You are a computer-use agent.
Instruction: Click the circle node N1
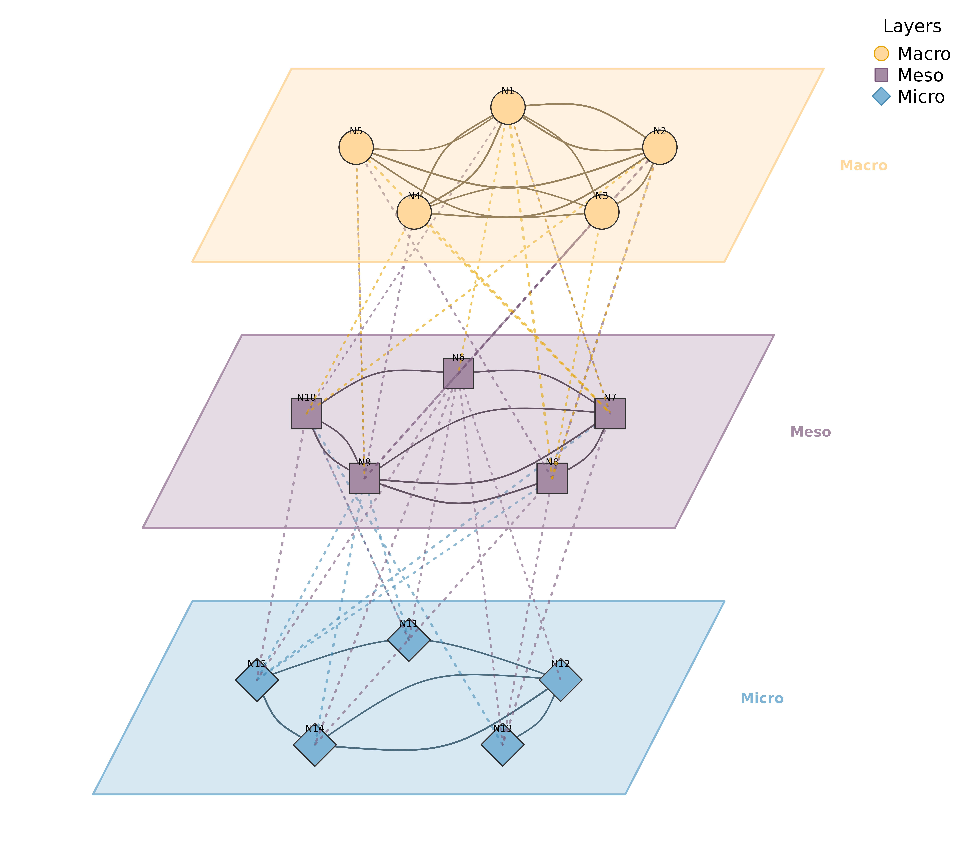508,107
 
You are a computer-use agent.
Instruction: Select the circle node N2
660,147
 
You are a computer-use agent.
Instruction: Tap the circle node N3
602,212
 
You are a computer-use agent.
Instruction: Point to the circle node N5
356,147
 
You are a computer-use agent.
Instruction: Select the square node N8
552,478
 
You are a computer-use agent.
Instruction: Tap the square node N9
364,478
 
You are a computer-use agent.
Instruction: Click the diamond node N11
409,640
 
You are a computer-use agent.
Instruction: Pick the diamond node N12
560,680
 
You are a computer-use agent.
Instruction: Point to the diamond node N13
503,744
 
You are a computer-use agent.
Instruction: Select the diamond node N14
315,744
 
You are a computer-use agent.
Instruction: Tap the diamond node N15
257,680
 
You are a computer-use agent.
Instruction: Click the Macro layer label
863,165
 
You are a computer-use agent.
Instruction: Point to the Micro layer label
762,698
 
